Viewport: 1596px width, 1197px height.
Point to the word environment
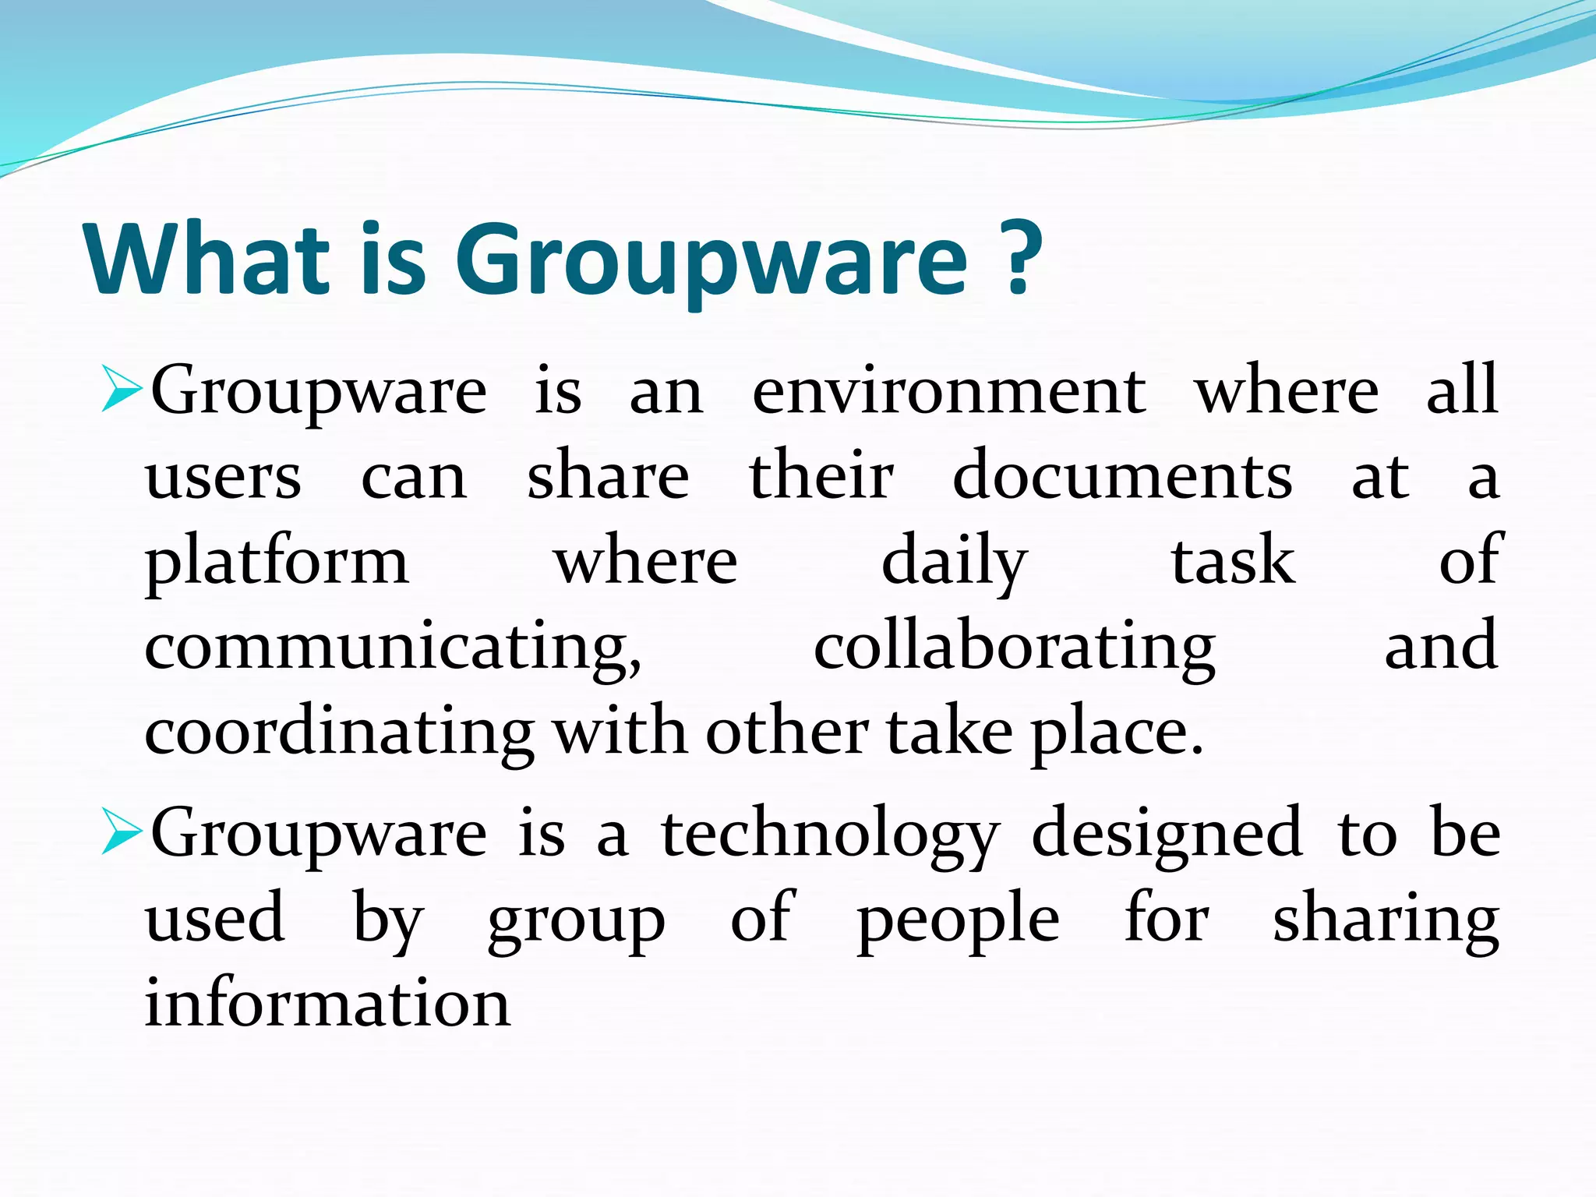point(948,391)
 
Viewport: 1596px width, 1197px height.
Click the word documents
point(1122,477)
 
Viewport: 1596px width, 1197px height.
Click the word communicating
point(394,649)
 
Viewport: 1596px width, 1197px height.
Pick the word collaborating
point(1014,649)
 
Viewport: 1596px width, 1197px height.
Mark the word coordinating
point(339,735)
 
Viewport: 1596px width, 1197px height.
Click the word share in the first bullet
point(608,477)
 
